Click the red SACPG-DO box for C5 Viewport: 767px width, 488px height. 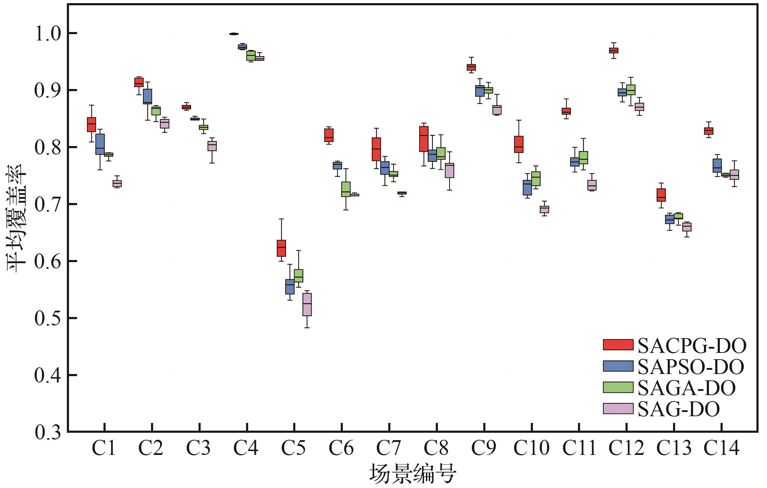click(281, 248)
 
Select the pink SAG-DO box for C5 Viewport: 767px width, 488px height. click(307, 304)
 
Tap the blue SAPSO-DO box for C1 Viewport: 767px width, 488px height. click(100, 144)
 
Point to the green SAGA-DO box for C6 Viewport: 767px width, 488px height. click(346, 189)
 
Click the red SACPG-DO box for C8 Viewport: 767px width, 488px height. click(424, 139)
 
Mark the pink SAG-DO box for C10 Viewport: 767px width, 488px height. click(544, 209)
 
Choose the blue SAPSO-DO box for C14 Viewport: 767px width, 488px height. click(717, 165)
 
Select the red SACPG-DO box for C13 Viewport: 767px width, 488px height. click(661, 195)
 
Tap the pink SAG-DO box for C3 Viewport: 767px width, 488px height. click(212, 146)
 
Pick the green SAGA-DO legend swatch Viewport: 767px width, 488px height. click(618, 387)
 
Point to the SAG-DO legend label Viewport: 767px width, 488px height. click(679, 409)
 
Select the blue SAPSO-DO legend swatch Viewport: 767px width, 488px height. click(618, 366)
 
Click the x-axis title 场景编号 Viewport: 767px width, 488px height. click(412, 474)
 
